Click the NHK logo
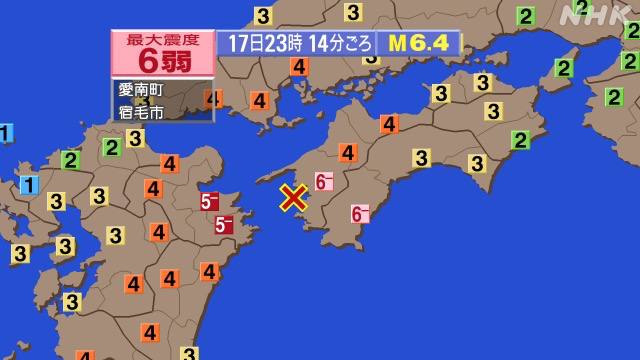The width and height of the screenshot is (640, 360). click(595, 16)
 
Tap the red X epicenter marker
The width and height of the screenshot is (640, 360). click(293, 197)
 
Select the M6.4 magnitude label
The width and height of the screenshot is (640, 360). click(419, 43)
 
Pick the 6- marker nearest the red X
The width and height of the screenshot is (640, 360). click(323, 181)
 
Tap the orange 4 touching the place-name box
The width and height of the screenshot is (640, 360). click(212, 98)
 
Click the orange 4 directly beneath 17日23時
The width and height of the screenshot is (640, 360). click(298, 68)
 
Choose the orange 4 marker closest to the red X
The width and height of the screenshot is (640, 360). click(347, 152)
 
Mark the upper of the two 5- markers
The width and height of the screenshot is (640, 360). click(210, 202)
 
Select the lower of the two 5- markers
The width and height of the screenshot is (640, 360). click(224, 225)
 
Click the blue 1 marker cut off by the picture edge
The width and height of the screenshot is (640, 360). click(4, 133)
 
